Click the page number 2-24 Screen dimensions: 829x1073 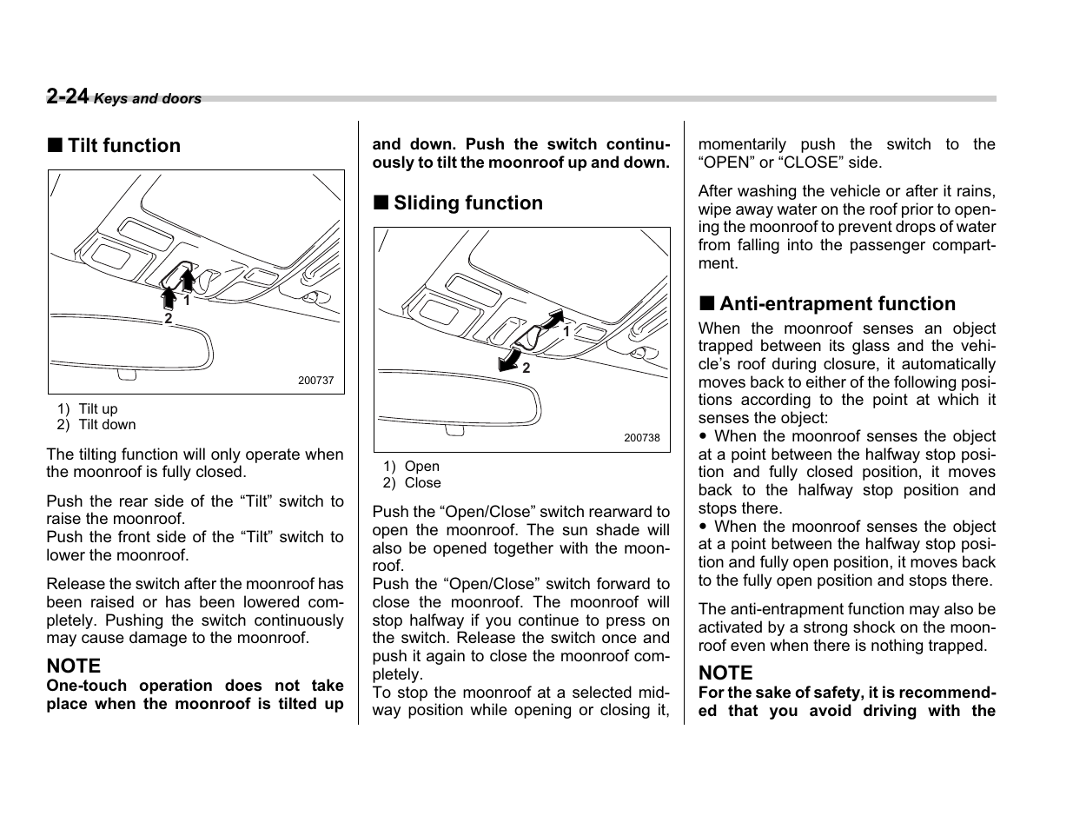68,96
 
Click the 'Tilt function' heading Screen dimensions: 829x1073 123,146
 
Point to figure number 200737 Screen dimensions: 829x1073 315,381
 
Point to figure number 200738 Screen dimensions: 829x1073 641,438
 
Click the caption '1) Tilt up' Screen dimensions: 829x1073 88,409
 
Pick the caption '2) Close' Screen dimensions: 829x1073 412,483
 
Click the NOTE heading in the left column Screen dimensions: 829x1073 74,667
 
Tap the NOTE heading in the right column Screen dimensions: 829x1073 725,673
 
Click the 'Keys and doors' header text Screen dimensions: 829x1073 148,99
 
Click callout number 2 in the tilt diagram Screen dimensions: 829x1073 169,319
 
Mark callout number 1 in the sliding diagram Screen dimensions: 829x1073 566,331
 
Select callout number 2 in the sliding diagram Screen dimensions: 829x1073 526,368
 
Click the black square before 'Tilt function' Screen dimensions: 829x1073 55,146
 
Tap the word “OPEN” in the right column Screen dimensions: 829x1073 726,162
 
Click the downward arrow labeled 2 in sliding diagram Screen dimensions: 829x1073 509,359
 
